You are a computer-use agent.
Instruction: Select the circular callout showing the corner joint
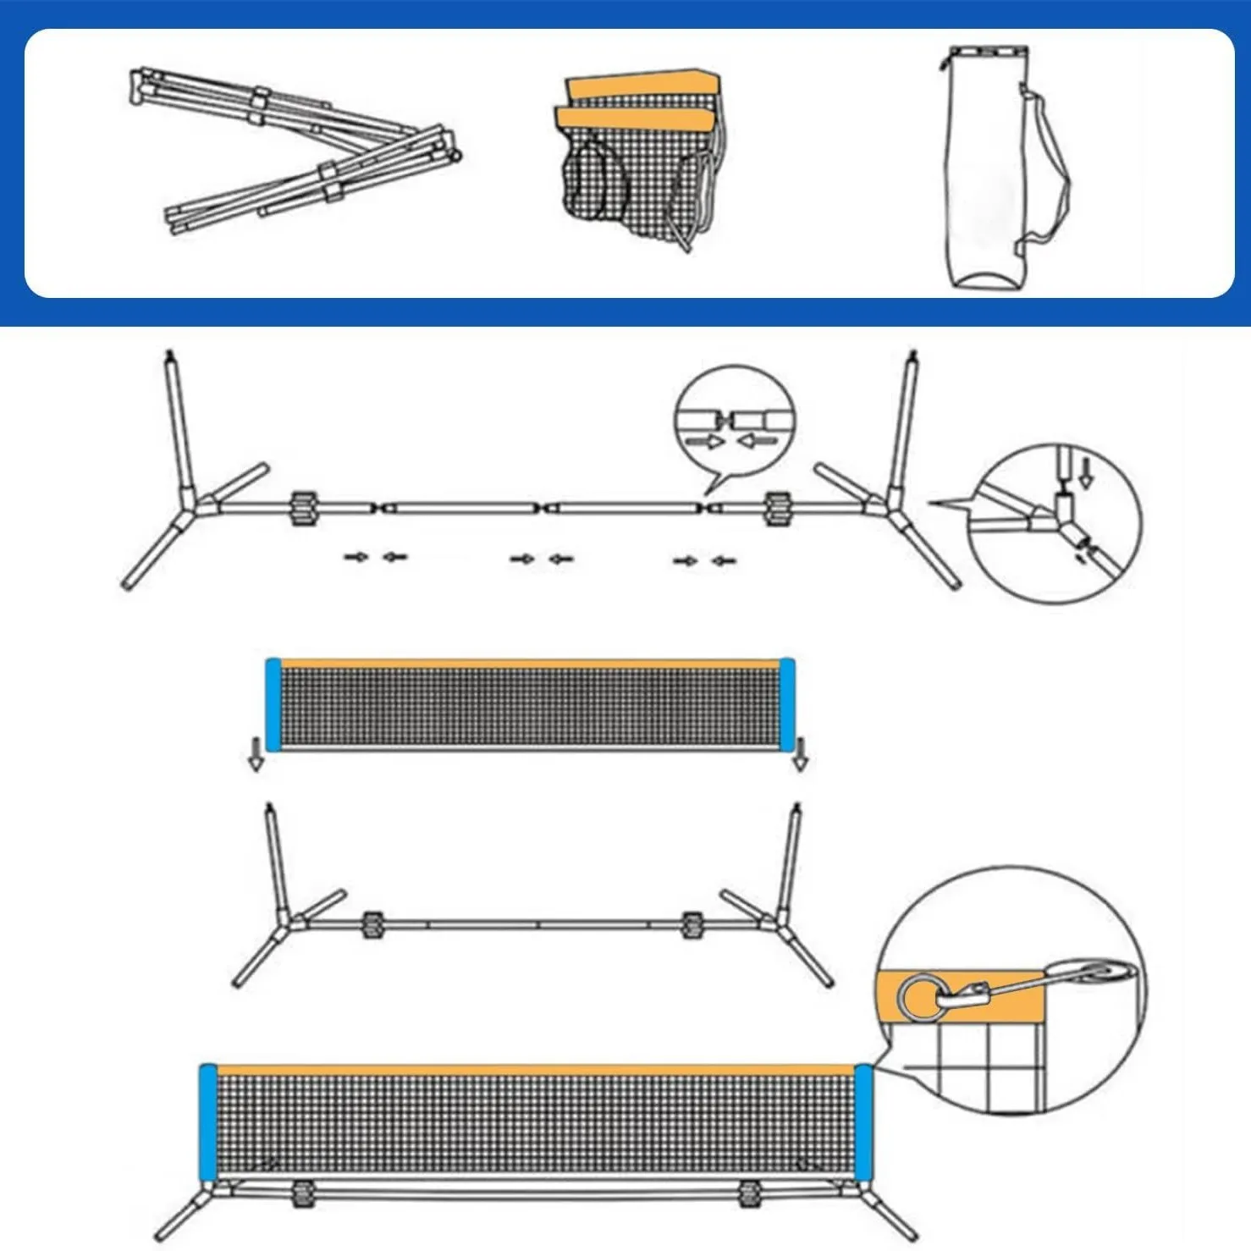1055,522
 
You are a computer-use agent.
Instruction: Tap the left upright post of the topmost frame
179,423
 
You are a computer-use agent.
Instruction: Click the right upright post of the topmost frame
903,423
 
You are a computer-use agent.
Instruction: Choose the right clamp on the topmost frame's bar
775,508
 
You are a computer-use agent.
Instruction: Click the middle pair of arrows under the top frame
542,559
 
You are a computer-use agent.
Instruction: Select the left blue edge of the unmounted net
273,704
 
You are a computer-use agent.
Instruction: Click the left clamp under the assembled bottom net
300,1194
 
